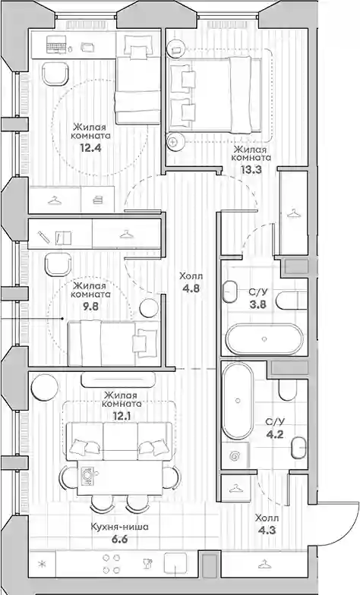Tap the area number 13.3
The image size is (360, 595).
tap(251, 170)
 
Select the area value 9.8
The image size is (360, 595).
tap(91, 307)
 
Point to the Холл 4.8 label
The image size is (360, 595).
tap(191, 282)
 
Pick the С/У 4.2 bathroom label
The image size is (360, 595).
tap(275, 427)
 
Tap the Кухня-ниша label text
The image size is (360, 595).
tap(120, 527)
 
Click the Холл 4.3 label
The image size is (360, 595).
tap(267, 524)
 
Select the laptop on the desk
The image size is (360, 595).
tap(56, 45)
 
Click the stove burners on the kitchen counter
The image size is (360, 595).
tap(111, 564)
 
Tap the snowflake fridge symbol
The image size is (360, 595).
tap(42, 565)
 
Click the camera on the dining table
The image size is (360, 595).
tap(88, 475)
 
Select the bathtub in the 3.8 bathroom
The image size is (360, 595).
tap(264, 338)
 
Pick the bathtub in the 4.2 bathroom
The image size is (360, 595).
tap(237, 401)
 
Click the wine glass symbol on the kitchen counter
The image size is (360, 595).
tap(147, 565)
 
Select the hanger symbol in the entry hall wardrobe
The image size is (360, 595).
tap(264, 564)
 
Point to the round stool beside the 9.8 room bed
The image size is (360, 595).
tap(149, 308)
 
